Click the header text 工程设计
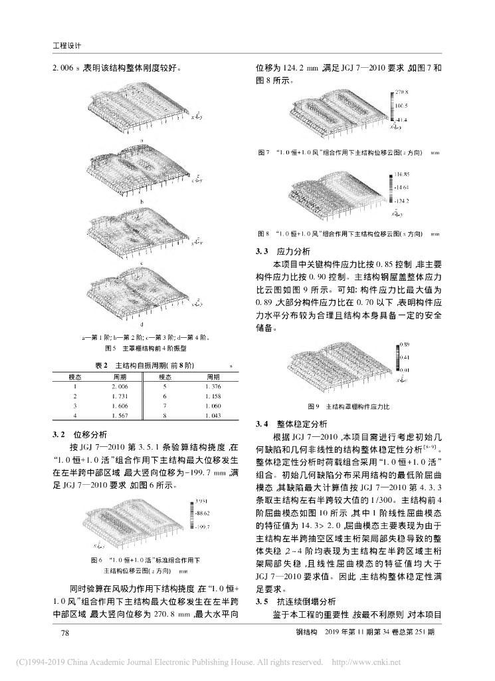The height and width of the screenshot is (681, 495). coord(66,45)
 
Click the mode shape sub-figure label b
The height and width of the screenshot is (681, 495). coord(142,200)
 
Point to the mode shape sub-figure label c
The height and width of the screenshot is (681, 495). coord(142,263)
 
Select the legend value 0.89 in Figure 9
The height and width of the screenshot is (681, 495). coord(403,344)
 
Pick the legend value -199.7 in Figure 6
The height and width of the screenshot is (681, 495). coord(203,527)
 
